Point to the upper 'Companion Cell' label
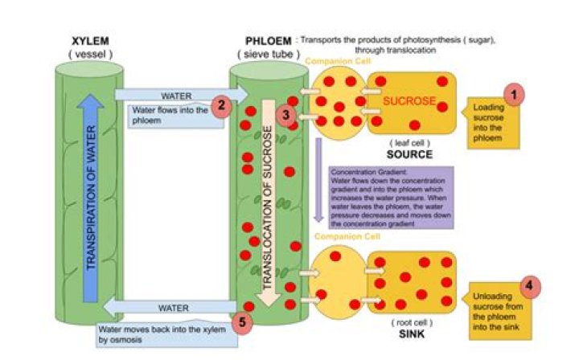tap(331, 61)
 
